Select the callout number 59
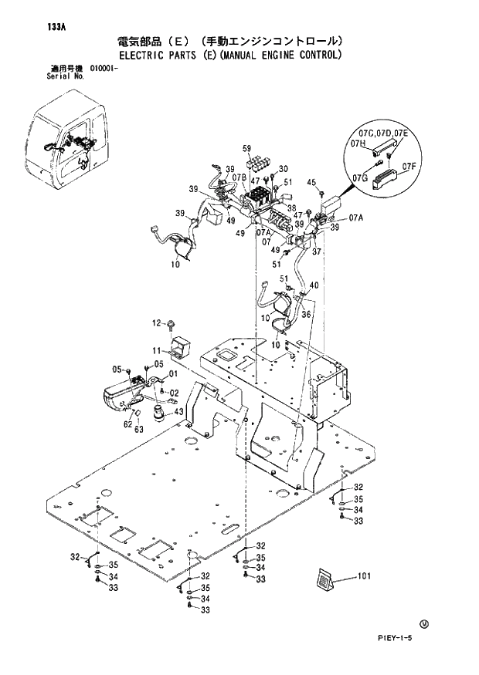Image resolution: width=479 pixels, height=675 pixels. click(247, 148)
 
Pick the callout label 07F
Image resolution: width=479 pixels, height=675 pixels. click(409, 165)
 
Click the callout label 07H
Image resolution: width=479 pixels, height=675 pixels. click(358, 143)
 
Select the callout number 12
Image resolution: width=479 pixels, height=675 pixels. click(155, 322)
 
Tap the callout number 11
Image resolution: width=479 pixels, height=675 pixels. click(155, 350)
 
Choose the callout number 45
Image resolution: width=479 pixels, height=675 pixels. click(311, 182)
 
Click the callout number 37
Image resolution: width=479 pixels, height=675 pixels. click(316, 250)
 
